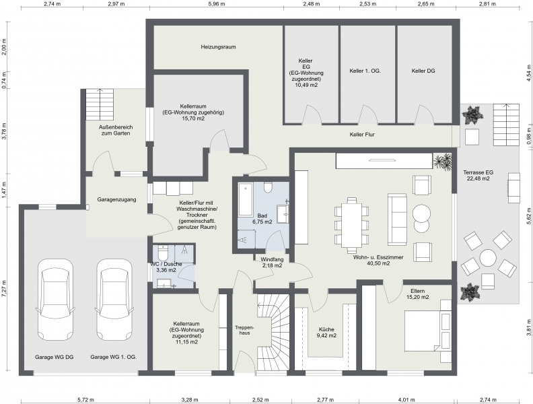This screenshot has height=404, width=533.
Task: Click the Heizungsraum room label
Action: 217,48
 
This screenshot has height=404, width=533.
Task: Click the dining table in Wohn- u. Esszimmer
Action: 351,222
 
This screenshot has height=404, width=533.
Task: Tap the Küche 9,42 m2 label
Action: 327,332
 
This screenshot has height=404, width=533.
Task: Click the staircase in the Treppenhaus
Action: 273,328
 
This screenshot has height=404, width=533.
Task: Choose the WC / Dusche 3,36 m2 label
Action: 163,267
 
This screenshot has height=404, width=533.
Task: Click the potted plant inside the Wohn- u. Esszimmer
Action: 443,161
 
